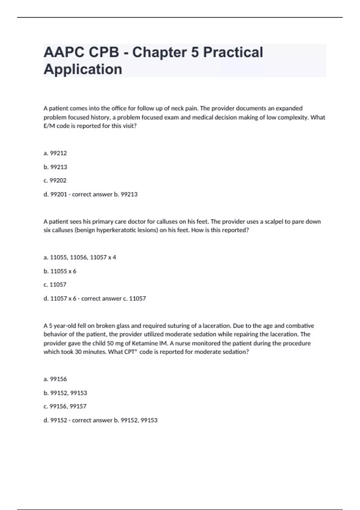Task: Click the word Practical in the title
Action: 233,52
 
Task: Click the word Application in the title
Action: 83,69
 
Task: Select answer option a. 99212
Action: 55,153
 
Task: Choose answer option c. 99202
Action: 55,181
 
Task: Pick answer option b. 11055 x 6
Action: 60,271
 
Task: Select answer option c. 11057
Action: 55,285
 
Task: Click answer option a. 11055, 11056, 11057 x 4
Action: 80,257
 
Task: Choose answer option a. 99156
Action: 55,379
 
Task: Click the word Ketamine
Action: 142,343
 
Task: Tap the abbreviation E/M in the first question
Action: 49,126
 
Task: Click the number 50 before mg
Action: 110,343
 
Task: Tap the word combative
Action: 300,326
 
